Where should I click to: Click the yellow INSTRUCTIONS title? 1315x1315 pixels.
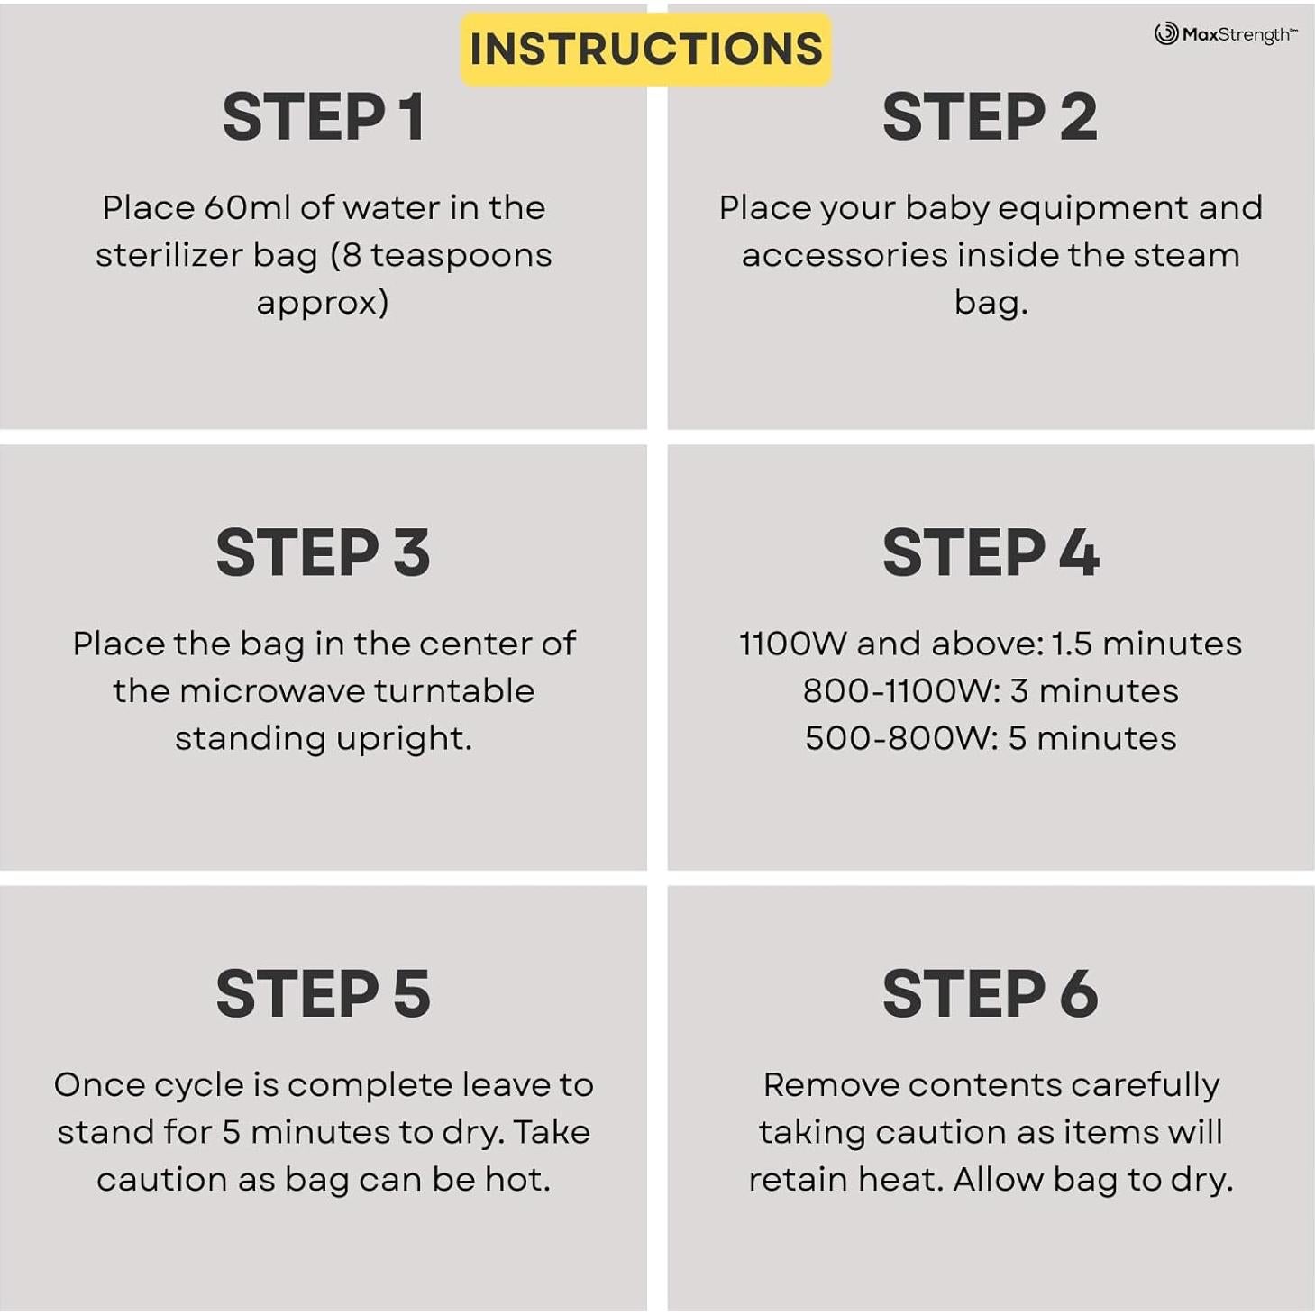[646, 50]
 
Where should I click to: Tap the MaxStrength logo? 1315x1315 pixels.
[1227, 33]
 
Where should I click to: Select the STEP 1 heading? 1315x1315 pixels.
[324, 117]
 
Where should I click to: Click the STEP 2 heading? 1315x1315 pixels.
[991, 117]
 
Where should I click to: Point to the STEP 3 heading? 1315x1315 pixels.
[324, 552]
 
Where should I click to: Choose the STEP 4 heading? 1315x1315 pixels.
[991, 552]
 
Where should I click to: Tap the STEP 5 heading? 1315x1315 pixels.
[324, 993]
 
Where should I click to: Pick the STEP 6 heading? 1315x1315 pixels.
[991, 993]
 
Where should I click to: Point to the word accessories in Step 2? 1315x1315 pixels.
[845, 255]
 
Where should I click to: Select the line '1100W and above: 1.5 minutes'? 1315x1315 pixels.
[991, 644]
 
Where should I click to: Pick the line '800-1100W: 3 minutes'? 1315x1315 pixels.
[991, 690]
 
